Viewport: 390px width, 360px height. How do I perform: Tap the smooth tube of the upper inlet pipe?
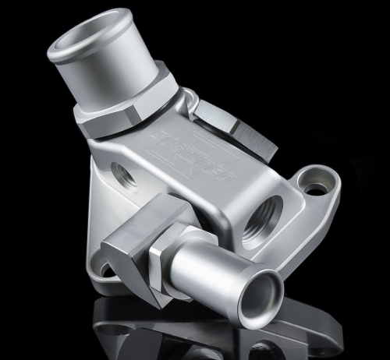[117, 74]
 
